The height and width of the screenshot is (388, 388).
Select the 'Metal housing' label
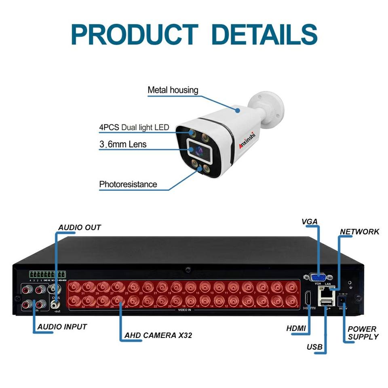173,90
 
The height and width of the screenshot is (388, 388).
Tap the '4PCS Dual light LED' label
134,128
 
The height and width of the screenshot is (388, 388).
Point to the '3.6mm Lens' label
123,144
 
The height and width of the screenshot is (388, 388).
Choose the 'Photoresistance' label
128,184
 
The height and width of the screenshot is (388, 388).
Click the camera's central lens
199,150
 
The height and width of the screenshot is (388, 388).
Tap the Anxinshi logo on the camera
247,140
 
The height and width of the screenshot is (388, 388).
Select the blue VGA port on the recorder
318,278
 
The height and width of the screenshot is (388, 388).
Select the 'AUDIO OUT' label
80,228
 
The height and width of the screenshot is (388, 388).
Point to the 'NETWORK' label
359,232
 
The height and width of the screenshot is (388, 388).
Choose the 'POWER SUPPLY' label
363,333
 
